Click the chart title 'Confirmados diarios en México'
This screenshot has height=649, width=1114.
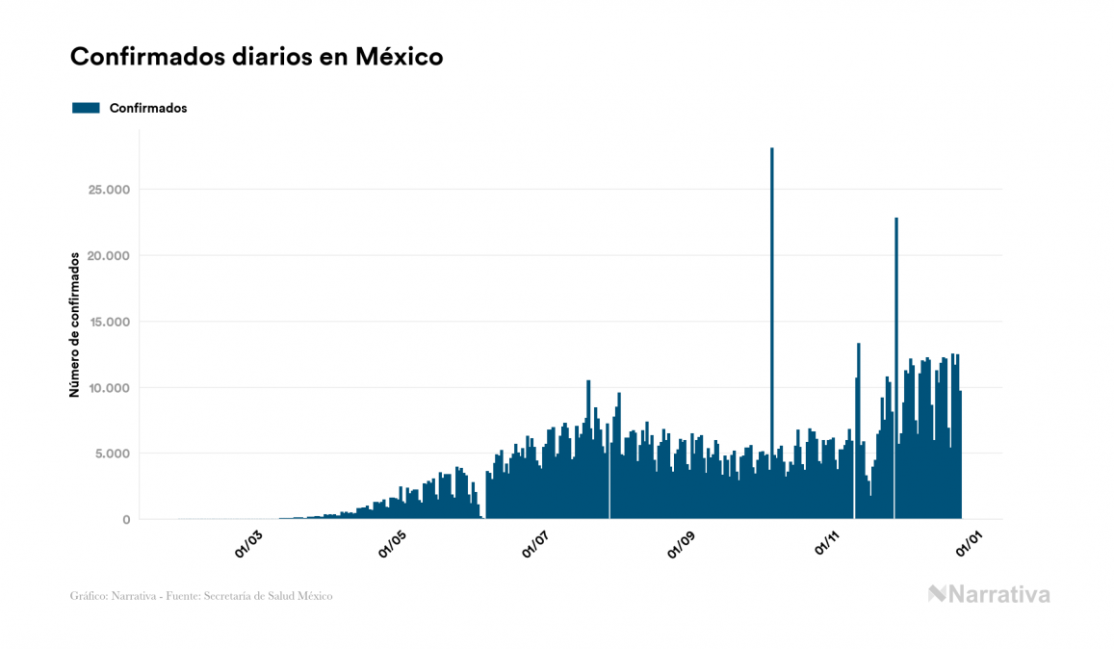[x=256, y=57]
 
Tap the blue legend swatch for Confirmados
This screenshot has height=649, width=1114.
[x=86, y=108]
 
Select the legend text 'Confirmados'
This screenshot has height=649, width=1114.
[x=148, y=108]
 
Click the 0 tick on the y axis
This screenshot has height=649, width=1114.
[x=125, y=520]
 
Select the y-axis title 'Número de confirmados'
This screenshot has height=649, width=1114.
[x=73, y=325]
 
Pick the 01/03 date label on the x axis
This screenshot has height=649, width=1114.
[x=248, y=542]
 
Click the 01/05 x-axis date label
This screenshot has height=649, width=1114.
[x=394, y=542]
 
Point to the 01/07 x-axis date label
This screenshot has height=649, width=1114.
[x=538, y=542]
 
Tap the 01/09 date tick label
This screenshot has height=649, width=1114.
[x=684, y=542]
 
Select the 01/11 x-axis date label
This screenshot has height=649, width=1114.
[x=829, y=542]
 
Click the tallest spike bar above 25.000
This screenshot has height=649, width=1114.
[x=772, y=289]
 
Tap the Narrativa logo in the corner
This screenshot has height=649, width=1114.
[x=989, y=594]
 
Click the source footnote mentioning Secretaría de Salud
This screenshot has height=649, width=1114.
[x=201, y=596]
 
